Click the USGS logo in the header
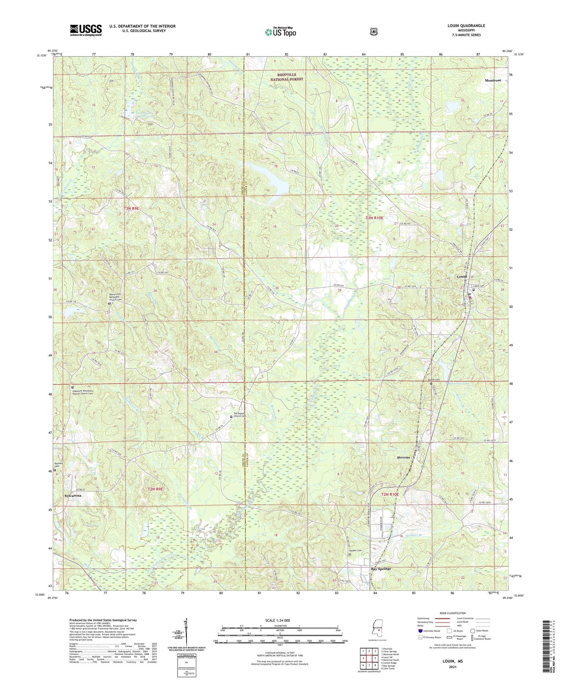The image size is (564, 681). pos(86,30)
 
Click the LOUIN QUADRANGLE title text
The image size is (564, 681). pos(466,26)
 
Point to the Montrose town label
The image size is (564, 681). pos(493,80)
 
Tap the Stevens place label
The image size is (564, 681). pos(403,458)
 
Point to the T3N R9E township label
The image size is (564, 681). pos(131,209)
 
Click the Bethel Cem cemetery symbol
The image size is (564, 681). pos(431,383)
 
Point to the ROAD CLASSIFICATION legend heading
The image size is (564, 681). pos(453,613)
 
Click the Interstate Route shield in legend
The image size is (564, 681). pos(420,631)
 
